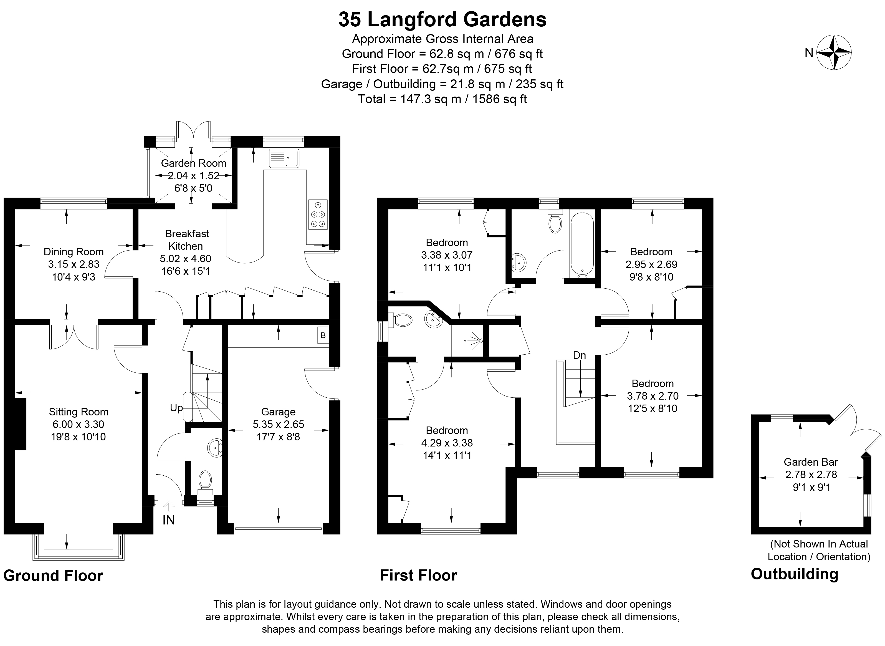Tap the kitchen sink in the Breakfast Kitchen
point(284,158)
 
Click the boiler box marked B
point(323,335)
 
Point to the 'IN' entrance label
point(168,520)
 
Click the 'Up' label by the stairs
point(176,408)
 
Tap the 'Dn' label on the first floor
point(579,355)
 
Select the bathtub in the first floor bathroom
point(582,243)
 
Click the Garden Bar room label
point(811,462)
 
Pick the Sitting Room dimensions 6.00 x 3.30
point(78,424)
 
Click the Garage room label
point(278,412)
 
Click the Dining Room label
point(74,252)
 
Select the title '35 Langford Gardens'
point(442,19)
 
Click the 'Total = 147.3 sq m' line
point(442,99)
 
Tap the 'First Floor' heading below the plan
point(418,576)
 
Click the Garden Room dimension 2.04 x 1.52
point(193,176)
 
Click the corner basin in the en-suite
point(433,319)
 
